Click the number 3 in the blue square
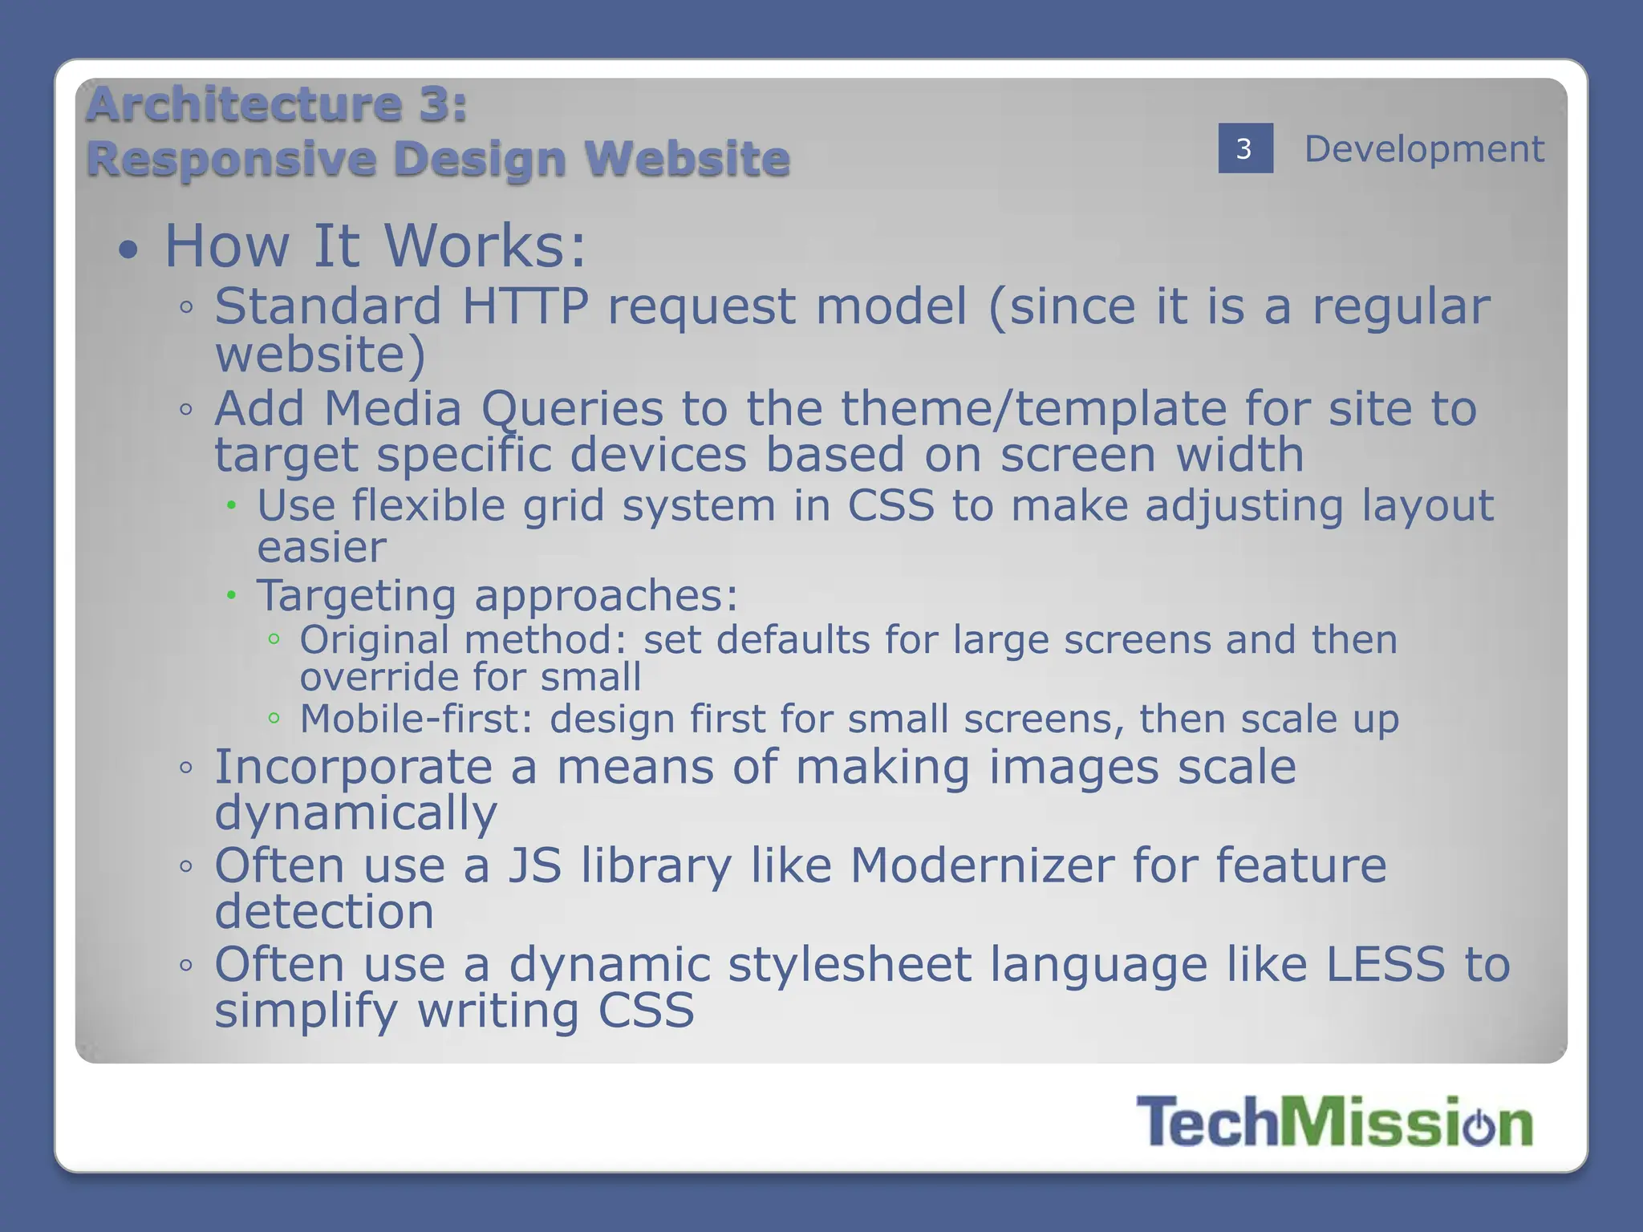coord(1244,148)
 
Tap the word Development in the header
coord(1424,149)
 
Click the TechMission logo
coord(1334,1121)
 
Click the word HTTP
coord(525,306)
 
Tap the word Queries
coord(572,409)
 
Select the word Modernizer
coord(982,865)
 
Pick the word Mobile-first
coord(416,719)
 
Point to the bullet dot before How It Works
coord(128,250)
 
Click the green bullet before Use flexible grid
coord(231,505)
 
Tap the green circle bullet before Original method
coord(274,639)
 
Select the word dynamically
coord(355,814)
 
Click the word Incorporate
coord(353,767)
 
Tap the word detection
coord(324,913)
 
